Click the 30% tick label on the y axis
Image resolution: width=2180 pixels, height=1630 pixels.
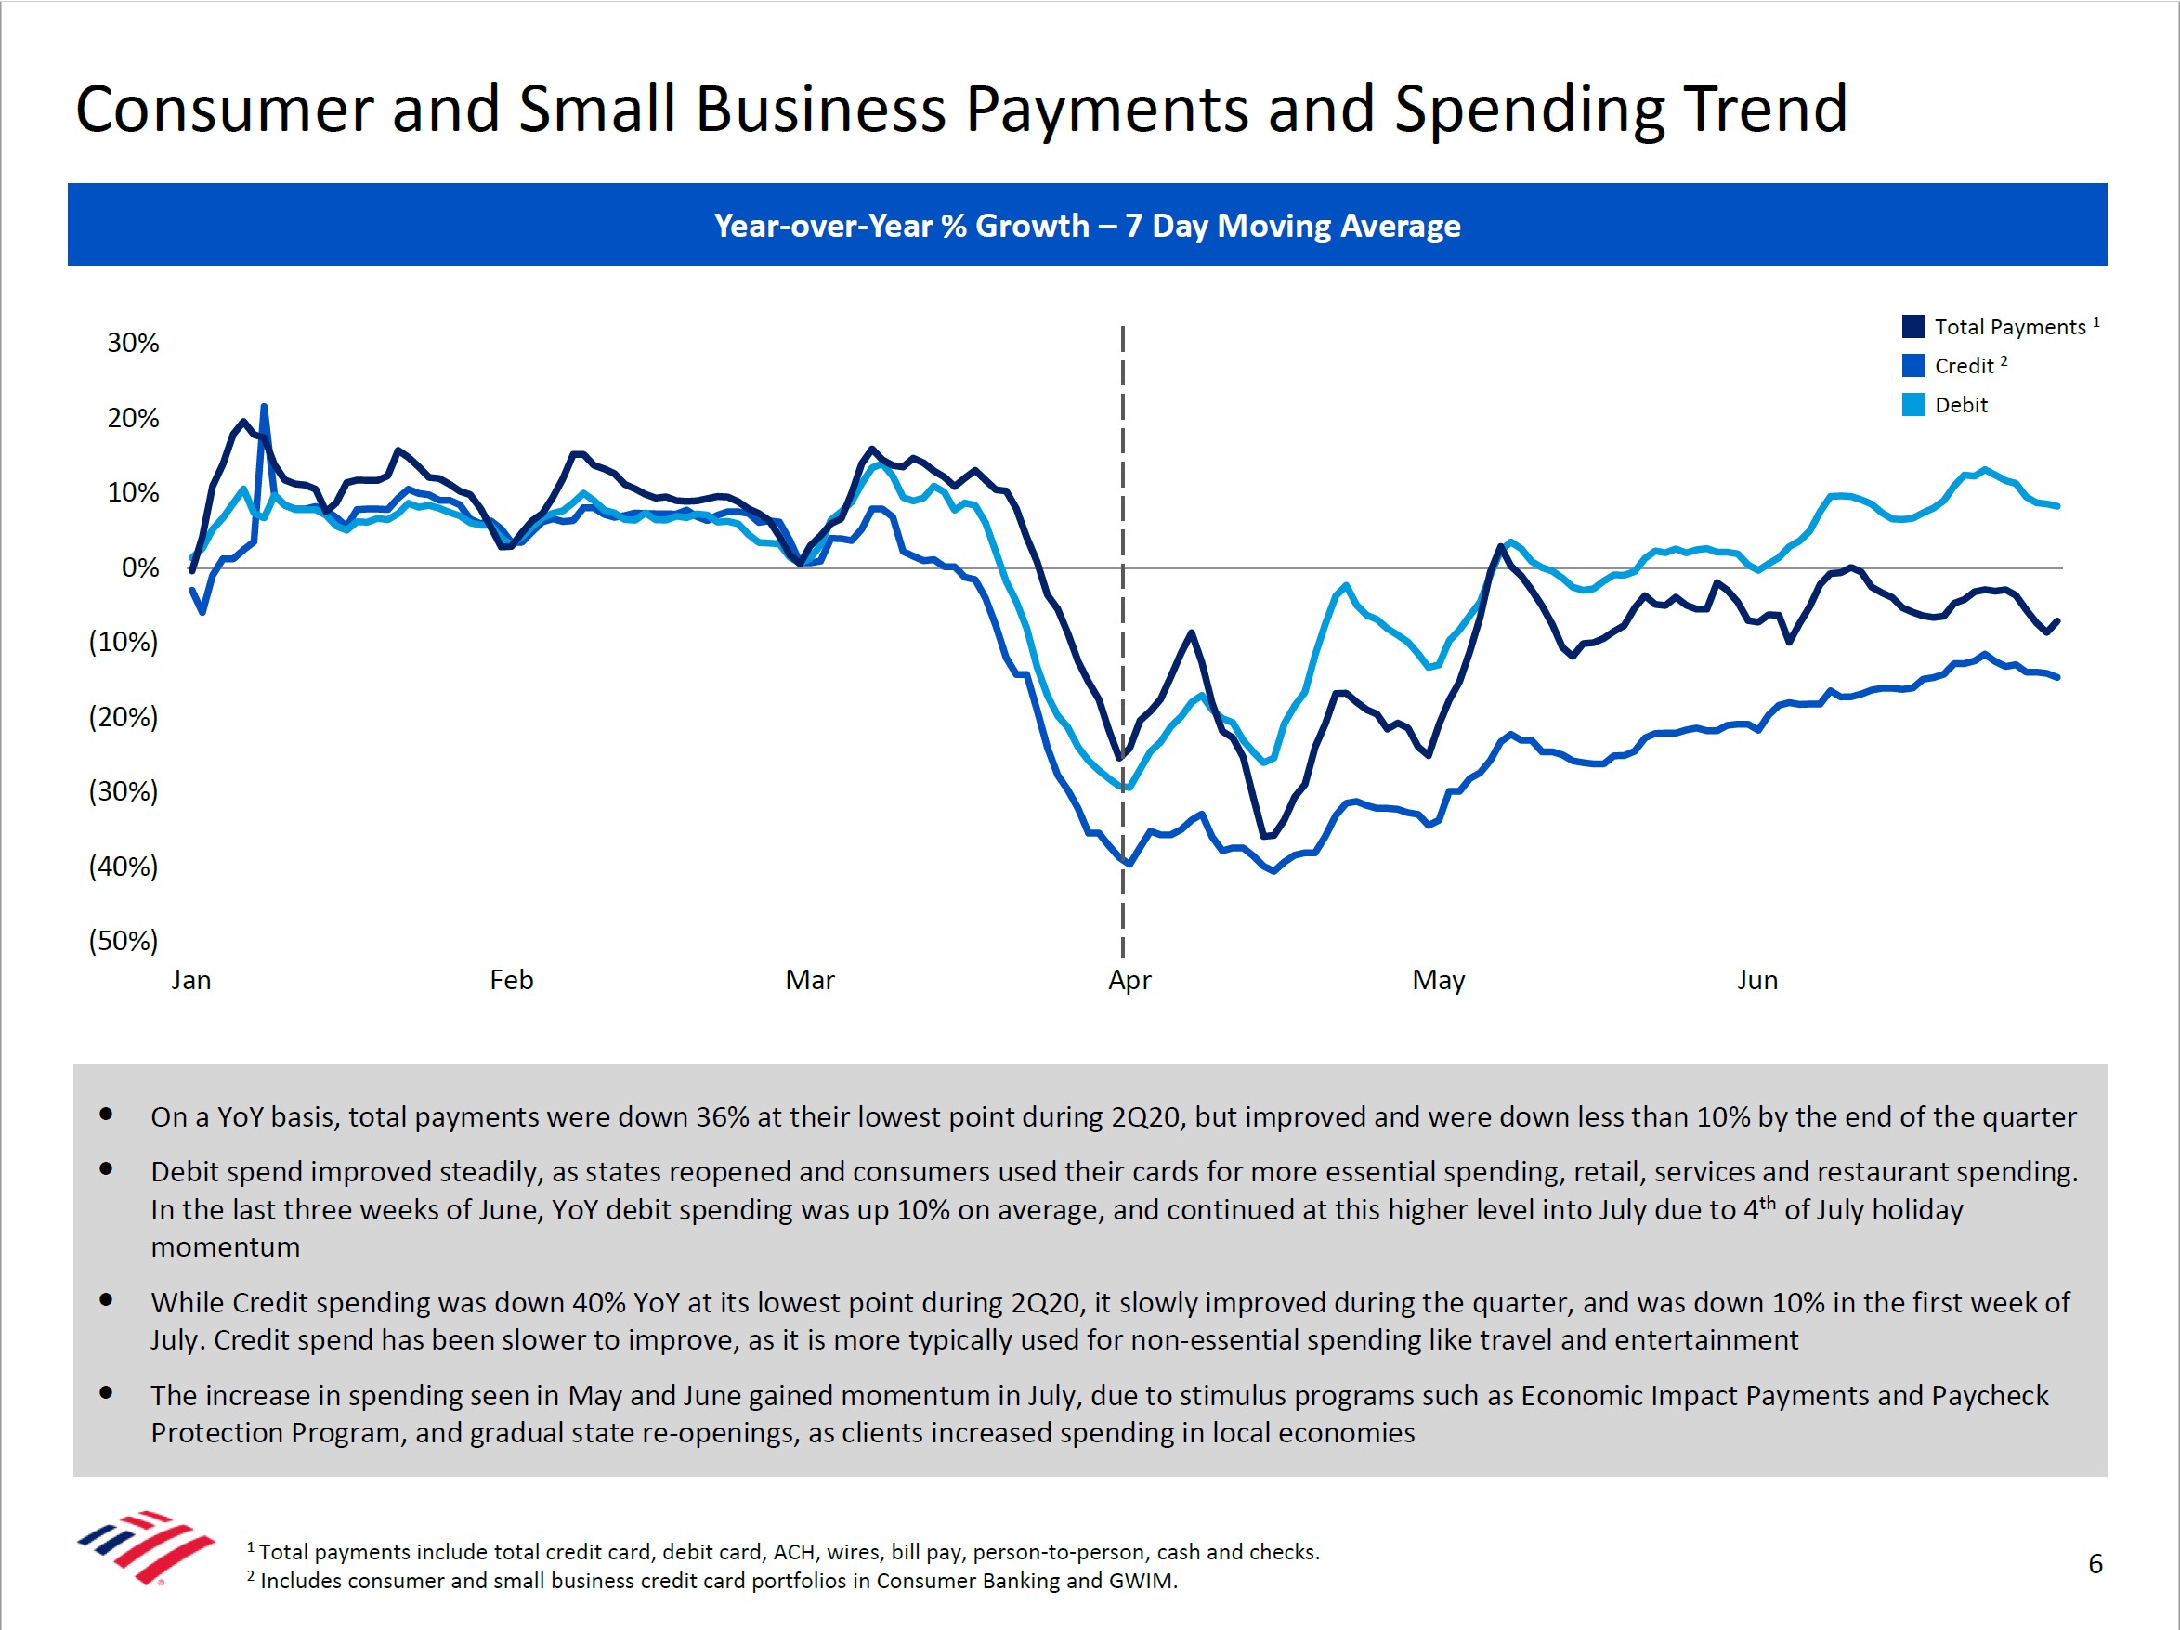coord(133,343)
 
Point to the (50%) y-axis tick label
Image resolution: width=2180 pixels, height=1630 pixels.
coord(124,940)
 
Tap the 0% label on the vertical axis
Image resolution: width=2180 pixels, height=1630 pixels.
coord(140,567)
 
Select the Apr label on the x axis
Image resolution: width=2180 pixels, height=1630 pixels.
coord(1129,980)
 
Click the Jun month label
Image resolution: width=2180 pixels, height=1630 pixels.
coord(1757,980)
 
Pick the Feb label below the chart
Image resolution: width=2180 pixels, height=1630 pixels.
coord(512,980)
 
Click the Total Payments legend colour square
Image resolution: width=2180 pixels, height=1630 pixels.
coord(1912,326)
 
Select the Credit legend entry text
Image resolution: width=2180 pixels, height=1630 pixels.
coord(1965,366)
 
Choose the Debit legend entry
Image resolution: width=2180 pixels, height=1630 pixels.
coord(1961,405)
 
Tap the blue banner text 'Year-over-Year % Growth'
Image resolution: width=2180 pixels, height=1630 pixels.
coord(901,226)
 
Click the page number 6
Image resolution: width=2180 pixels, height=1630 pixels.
coord(2095,1564)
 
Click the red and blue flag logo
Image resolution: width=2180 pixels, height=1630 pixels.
coord(146,1545)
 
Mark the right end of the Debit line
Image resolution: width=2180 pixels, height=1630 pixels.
coord(2056,505)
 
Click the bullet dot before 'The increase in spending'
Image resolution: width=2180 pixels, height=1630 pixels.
coord(106,1392)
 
